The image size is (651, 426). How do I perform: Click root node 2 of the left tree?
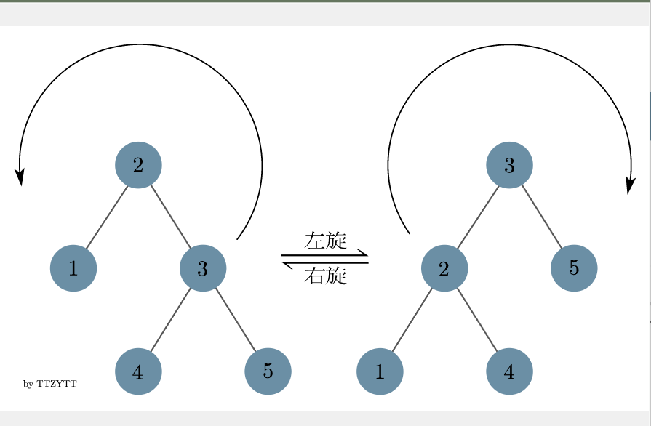(138, 165)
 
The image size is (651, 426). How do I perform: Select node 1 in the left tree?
(73, 268)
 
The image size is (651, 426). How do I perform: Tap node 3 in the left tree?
(203, 268)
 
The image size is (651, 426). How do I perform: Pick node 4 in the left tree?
(138, 371)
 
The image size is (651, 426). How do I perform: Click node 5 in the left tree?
(268, 371)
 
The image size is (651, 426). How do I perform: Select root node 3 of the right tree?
(509, 165)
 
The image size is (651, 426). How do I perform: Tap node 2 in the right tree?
(444, 268)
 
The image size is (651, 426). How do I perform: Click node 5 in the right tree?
(574, 268)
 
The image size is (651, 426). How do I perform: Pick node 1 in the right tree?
(380, 371)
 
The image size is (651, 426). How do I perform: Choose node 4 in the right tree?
(509, 371)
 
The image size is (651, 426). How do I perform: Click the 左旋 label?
(325, 241)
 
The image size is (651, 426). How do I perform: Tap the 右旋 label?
(325, 276)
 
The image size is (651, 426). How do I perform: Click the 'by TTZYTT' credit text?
(50, 383)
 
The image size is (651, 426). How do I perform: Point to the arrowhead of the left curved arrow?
(20, 177)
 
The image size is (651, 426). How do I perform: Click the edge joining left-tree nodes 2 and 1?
(106, 217)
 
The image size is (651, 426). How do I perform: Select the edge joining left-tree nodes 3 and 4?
(171, 320)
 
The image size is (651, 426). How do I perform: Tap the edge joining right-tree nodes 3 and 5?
(542, 217)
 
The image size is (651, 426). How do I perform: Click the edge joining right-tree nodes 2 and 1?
(412, 320)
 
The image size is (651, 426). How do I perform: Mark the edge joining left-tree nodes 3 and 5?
(235, 320)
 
